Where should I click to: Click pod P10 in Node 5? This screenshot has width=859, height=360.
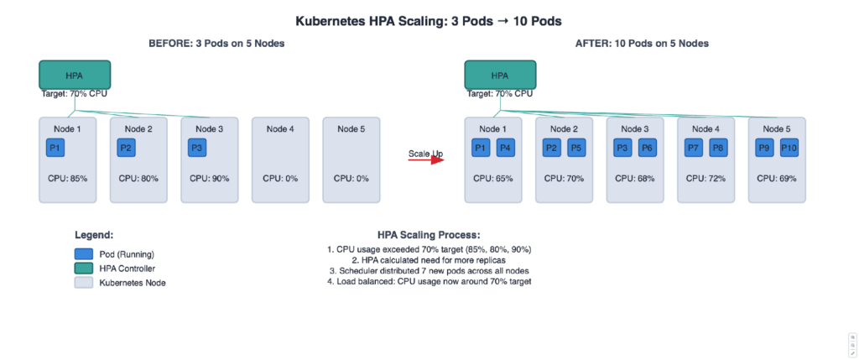pyautogui.click(x=789, y=149)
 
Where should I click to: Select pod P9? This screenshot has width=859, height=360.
pyautogui.click(x=764, y=149)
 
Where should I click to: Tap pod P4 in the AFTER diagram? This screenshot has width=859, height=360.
pyautogui.click(x=505, y=149)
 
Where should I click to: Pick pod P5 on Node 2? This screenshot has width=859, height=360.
pyautogui.click(x=576, y=149)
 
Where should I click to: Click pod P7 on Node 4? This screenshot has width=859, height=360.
pyautogui.click(x=693, y=149)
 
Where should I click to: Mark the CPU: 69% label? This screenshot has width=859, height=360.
pyautogui.click(x=777, y=178)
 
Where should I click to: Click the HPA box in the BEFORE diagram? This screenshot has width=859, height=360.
pyautogui.click(x=75, y=75)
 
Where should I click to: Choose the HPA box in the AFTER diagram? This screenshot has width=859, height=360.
pyautogui.click(x=500, y=75)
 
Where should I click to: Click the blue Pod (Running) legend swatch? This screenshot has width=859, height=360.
pyautogui.click(x=83, y=253)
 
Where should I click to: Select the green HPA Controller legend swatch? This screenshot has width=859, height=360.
pyautogui.click(x=83, y=269)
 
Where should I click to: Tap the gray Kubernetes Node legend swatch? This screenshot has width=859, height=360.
pyautogui.click(x=83, y=284)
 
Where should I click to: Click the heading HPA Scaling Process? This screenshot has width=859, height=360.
pyautogui.click(x=429, y=236)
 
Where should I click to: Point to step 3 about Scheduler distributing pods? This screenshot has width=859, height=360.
pyautogui.click(x=429, y=270)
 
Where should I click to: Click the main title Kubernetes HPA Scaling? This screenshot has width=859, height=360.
pyautogui.click(x=429, y=21)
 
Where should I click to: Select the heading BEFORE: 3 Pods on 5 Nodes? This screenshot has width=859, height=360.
pyautogui.click(x=216, y=44)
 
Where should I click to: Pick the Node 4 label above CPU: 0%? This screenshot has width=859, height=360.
pyautogui.click(x=280, y=128)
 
